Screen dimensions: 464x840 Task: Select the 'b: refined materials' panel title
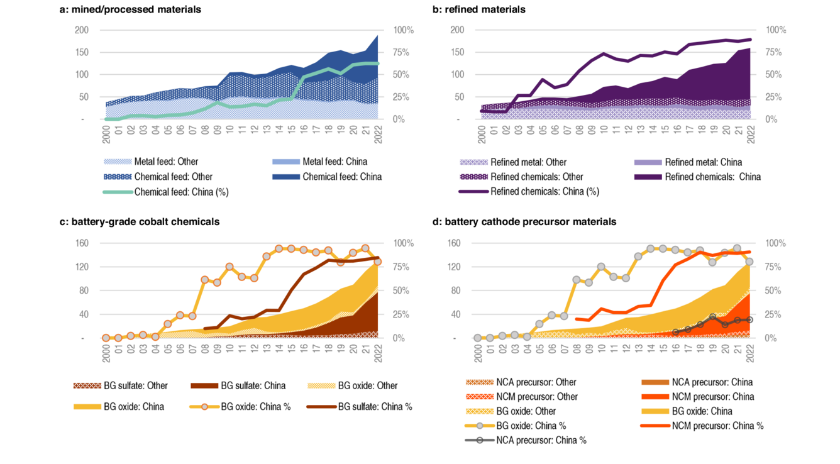click(478, 9)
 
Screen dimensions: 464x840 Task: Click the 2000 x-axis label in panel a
click(106, 134)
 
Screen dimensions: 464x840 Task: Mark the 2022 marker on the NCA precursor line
click(749, 320)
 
